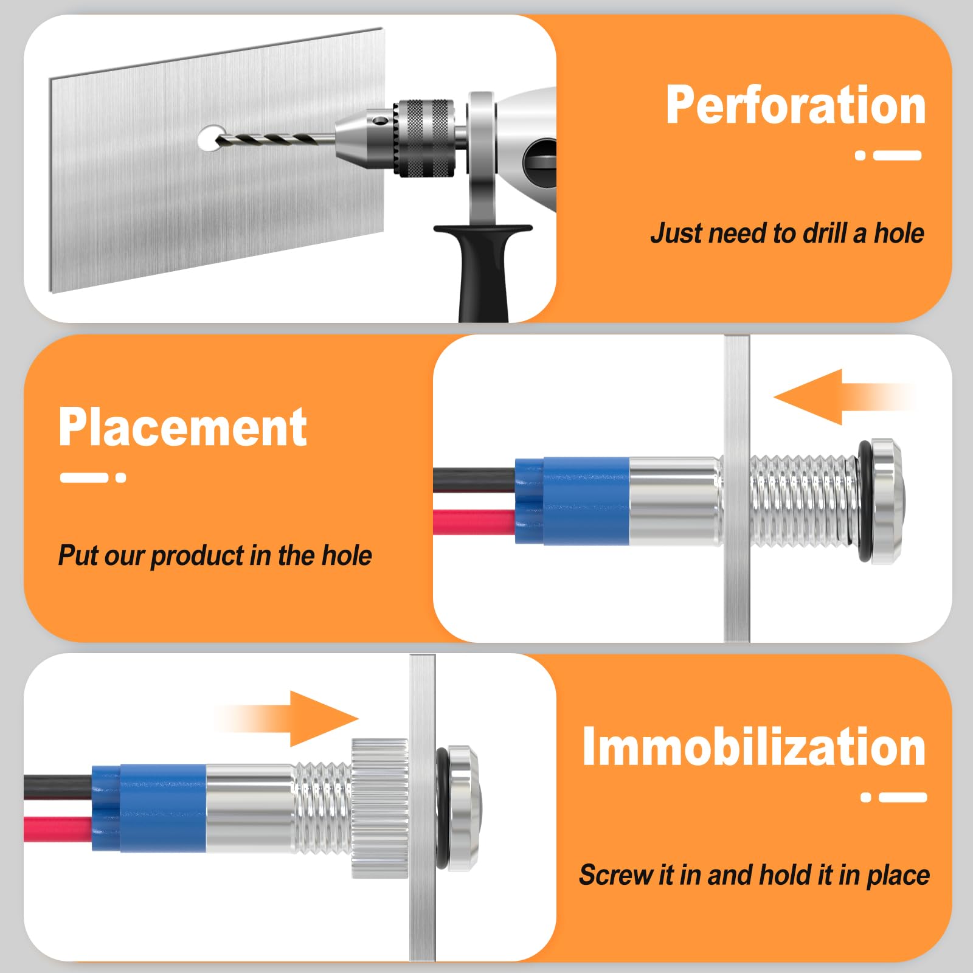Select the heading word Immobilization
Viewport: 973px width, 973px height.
[754, 746]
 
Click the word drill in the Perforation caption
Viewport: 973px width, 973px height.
[825, 233]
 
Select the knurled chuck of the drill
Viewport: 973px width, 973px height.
[424, 137]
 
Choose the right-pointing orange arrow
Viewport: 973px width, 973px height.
[286, 719]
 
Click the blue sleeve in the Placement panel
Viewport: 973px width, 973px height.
[572, 500]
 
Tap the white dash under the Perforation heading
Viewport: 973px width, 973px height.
[898, 155]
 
